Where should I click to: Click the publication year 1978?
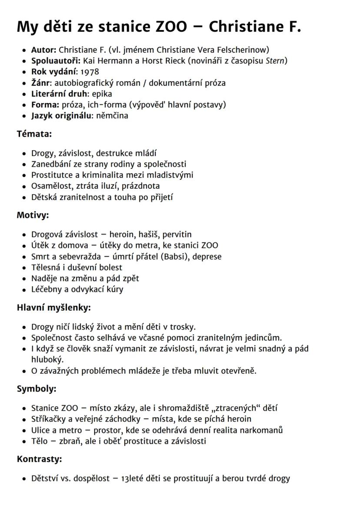[90, 72]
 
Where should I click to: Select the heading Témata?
[34, 134]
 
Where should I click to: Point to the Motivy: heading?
[33, 215]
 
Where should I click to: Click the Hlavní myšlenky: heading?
[53, 308]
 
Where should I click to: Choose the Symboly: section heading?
[37, 389]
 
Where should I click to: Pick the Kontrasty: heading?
[39, 459]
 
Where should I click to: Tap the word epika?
[102, 94]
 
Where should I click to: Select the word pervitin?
[174, 234]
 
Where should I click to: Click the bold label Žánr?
[40, 83]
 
